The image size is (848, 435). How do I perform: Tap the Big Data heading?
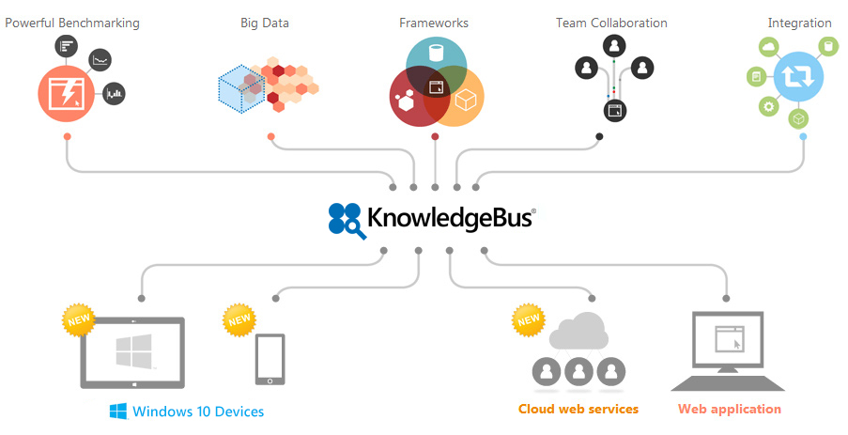[265, 23]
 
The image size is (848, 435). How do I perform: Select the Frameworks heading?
[434, 23]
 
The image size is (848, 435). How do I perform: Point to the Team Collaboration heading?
[611, 23]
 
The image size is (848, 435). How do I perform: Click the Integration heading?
[799, 23]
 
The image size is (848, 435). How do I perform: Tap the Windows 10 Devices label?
[198, 412]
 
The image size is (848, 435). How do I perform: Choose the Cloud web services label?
[578, 409]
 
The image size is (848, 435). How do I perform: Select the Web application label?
[730, 409]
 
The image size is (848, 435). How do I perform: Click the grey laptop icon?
[728, 353]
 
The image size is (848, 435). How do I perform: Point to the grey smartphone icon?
[270, 358]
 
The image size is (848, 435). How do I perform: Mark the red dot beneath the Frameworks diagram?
[435, 137]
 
